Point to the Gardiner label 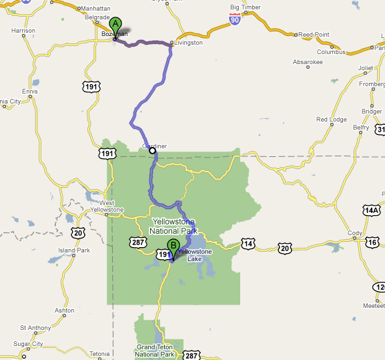(154, 145)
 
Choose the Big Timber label (245, 7)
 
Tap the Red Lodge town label (332, 120)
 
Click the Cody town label (354, 233)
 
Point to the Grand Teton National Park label (155, 351)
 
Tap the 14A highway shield (371, 210)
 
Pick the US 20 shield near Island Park (79, 233)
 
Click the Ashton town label (65, 311)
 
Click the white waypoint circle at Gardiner (152, 151)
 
